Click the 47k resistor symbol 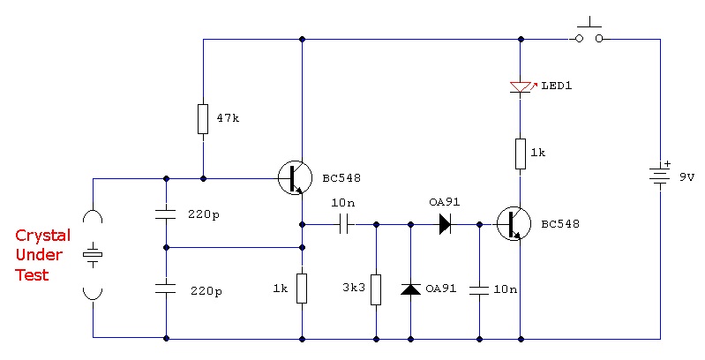pyautogui.click(x=203, y=119)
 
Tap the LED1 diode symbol pyautogui.click(x=521, y=87)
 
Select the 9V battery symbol pyautogui.click(x=660, y=176)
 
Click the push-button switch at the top pyautogui.click(x=589, y=33)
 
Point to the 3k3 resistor pyautogui.click(x=376, y=290)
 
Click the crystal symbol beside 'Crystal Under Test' pyautogui.click(x=93, y=255)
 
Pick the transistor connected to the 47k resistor pyautogui.click(x=295, y=178)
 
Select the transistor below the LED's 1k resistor pyautogui.click(x=514, y=224)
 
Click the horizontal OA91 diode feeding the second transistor pyautogui.click(x=445, y=224)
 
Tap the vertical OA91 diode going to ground pyautogui.click(x=410, y=289)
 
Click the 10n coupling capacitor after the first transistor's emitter pyautogui.click(x=345, y=224)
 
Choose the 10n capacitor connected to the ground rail pyautogui.click(x=479, y=289)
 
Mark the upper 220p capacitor pyautogui.click(x=166, y=214)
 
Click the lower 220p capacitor pyautogui.click(x=166, y=289)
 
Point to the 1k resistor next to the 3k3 pyautogui.click(x=302, y=289)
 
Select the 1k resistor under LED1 pyautogui.click(x=521, y=154)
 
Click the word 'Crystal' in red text pyautogui.click(x=42, y=235)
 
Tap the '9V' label pyautogui.click(x=686, y=177)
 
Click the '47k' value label pyautogui.click(x=228, y=118)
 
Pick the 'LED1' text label pyautogui.click(x=557, y=86)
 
